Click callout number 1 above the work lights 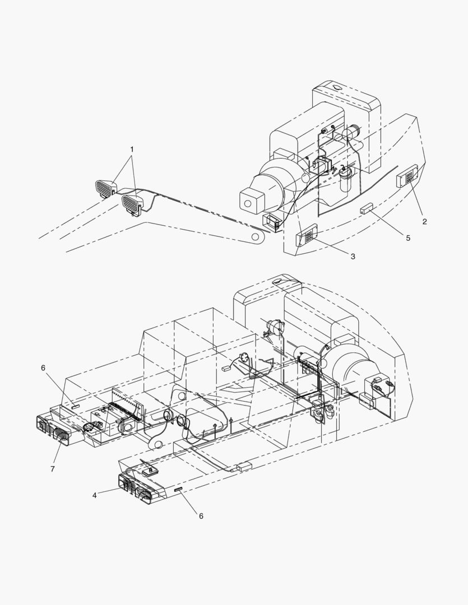(132, 150)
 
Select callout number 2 (425, 221)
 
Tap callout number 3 (353, 256)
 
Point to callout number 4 (95, 495)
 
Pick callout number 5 (408, 238)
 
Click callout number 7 (53, 469)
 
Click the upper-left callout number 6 (43, 368)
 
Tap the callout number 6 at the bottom (201, 516)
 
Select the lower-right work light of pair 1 (132, 203)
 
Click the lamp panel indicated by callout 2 (407, 175)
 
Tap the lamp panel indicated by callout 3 (307, 235)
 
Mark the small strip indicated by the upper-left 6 (75, 406)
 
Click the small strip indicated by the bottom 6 (178, 490)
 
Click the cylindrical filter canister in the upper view (345, 179)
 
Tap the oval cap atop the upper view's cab (335, 87)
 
